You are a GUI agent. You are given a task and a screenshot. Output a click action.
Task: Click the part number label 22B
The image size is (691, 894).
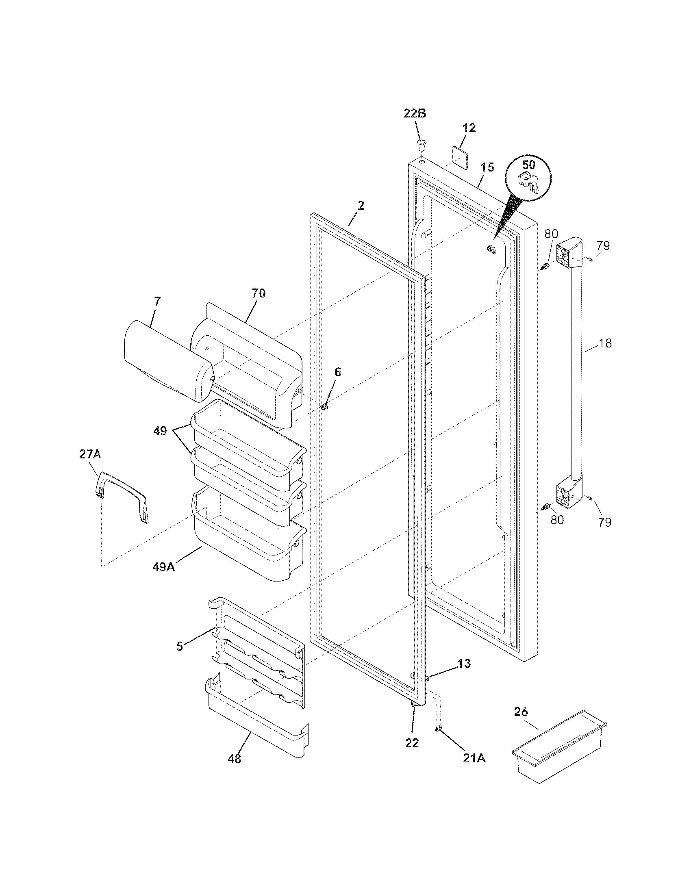click(x=415, y=113)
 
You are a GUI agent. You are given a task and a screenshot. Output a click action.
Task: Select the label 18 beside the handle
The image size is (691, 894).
click(x=605, y=343)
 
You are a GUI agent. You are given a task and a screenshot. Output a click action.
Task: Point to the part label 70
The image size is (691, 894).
click(x=258, y=293)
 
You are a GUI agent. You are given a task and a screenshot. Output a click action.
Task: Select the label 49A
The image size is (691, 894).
click(x=163, y=567)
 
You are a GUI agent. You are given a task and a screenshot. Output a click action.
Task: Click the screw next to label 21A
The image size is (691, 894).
click(x=439, y=728)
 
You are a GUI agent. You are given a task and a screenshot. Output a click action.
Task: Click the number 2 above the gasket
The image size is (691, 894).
click(x=361, y=206)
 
